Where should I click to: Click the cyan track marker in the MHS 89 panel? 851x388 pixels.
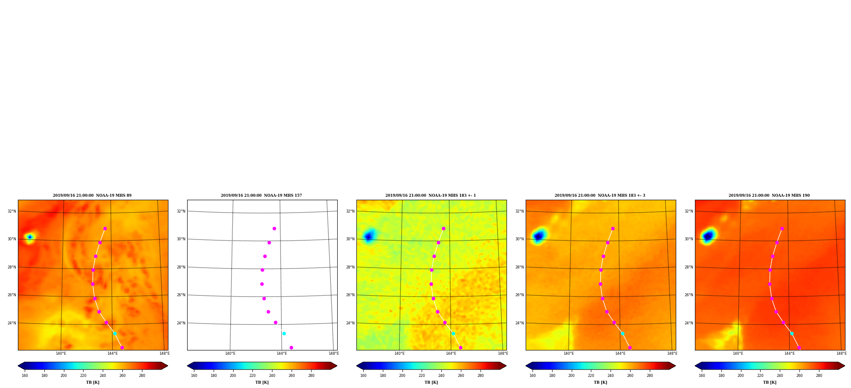115,333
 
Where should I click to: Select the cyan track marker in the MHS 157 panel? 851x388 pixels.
284,333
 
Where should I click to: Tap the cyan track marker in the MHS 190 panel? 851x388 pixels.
792,333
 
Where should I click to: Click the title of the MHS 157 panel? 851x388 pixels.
261,195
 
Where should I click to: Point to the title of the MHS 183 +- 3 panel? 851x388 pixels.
600,195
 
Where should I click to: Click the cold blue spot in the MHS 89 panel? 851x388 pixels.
29,237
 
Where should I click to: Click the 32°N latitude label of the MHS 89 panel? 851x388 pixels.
12,211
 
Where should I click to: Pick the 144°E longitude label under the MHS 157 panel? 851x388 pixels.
282,353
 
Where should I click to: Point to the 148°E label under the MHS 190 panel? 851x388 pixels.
841,353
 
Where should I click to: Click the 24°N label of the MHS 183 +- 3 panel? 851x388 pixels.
520,323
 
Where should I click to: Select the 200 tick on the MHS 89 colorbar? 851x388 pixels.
64,376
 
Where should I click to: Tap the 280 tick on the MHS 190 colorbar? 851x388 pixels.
819,376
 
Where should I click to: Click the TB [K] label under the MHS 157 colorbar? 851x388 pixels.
262,382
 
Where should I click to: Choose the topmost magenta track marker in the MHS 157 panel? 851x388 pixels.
274,228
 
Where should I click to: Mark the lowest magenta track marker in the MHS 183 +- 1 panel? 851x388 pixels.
460,347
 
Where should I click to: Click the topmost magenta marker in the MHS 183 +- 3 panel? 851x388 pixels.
613,228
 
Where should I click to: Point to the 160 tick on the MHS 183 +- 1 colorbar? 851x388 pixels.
363,376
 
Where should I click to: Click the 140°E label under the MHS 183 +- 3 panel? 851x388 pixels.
569,353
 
